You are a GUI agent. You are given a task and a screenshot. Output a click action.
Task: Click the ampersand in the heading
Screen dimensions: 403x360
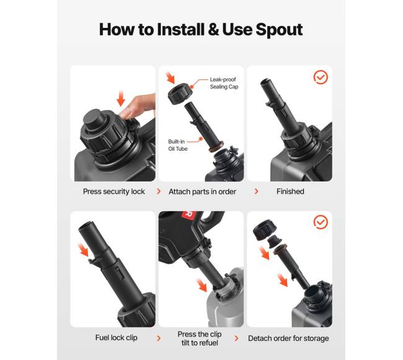point(213,29)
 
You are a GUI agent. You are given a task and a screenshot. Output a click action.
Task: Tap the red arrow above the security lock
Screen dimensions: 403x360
point(120,99)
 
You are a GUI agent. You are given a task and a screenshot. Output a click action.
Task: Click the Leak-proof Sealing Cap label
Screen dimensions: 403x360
point(224,83)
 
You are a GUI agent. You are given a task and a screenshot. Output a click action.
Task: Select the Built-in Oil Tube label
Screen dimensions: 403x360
point(177,145)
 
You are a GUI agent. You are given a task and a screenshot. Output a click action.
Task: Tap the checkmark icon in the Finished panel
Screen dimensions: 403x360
point(321,77)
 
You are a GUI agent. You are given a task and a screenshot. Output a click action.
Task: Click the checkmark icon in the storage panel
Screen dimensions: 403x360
point(321,222)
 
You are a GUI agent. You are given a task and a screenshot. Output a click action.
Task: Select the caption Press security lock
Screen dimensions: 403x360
point(114,191)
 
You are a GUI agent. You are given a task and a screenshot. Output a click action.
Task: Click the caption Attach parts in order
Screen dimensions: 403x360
point(202,191)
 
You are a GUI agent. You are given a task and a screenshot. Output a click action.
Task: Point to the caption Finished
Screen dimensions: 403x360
point(290,191)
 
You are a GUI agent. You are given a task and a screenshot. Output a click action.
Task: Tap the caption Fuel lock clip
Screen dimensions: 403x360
point(116,338)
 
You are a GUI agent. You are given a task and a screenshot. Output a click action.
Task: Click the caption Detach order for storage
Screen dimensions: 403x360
point(288,338)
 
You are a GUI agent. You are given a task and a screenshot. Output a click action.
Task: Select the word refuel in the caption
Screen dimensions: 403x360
point(208,343)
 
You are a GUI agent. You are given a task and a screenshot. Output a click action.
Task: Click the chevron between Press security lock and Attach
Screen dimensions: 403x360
point(159,191)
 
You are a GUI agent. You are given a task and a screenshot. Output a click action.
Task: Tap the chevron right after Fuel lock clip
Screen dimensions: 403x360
point(159,338)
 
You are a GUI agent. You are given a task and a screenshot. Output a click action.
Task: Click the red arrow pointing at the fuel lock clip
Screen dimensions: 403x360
point(84,249)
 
